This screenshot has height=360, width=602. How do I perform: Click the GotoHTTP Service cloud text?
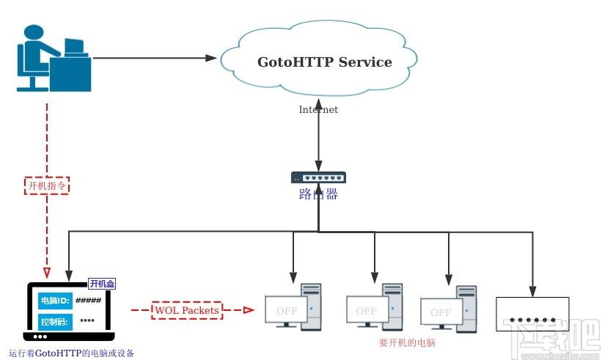324,62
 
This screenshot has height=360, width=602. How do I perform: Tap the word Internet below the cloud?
318,110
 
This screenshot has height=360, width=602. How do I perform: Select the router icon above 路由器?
318,177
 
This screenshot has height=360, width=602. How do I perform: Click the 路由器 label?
318,195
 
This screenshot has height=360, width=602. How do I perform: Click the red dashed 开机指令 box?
46,185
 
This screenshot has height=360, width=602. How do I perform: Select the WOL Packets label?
186,310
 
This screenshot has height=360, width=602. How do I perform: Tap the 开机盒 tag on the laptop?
102,284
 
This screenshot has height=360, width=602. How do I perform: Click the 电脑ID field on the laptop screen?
54,301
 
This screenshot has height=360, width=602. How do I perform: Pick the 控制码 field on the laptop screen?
54,320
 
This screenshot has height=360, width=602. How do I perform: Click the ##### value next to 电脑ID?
88,301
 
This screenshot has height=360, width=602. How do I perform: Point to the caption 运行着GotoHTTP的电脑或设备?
71,353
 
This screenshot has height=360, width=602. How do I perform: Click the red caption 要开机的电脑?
407,342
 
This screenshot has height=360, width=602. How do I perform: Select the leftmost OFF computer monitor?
287,311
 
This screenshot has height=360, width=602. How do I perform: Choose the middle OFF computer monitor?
367,311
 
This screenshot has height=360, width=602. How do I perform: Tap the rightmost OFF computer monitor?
441,312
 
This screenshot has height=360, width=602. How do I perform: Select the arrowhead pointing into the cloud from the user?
213,57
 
